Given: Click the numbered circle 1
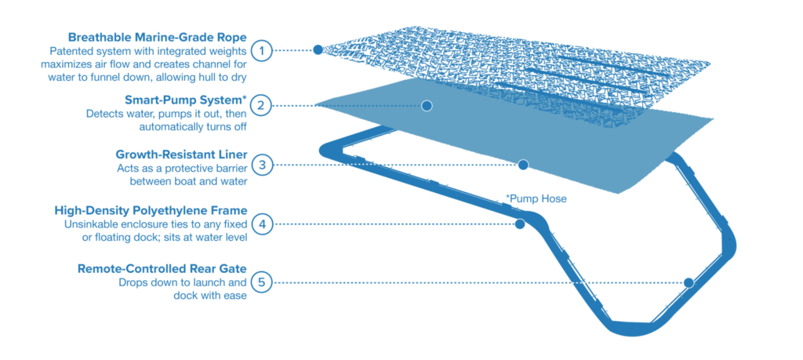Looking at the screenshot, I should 263,49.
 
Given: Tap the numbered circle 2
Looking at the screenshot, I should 263,105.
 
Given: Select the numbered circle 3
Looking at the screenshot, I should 263,165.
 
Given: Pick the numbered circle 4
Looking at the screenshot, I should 263,224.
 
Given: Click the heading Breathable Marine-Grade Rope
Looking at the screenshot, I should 158,38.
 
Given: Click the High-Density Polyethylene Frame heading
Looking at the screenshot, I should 151,211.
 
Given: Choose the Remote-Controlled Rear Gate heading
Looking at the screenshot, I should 162,268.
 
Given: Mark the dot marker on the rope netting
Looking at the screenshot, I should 318,49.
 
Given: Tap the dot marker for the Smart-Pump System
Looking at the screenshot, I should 427,105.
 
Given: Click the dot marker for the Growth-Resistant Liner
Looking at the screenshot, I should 523,165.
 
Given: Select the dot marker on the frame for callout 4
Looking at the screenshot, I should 519,224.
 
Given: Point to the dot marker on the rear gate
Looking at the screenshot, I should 689,282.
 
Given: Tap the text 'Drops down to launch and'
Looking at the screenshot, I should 183,282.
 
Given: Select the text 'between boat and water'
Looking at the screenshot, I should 188,180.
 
